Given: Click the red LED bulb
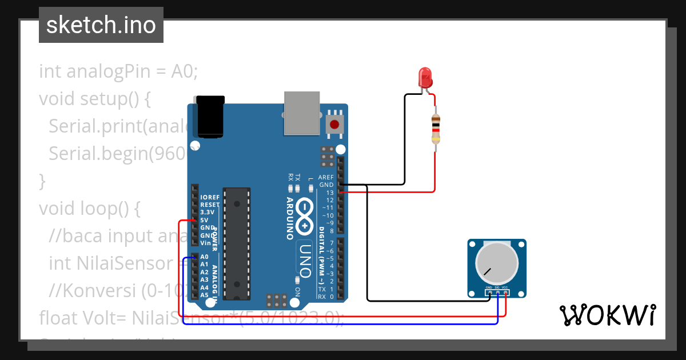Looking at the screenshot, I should click(x=425, y=77).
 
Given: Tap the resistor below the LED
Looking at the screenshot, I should click(x=436, y=128).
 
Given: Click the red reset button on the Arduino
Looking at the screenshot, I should click(x=334, y=124).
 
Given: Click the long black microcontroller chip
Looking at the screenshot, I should click(x=236, y=243).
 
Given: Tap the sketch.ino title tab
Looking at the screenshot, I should click(x=101, y=25).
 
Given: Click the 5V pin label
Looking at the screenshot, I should click(x=204, y=220).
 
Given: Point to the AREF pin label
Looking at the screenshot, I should click(x=326, y=177).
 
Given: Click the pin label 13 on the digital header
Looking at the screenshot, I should click(x=329, y=193).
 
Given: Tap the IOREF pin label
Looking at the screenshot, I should click(x=210, y=197).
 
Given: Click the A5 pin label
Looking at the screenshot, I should click(x=204, y=295).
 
